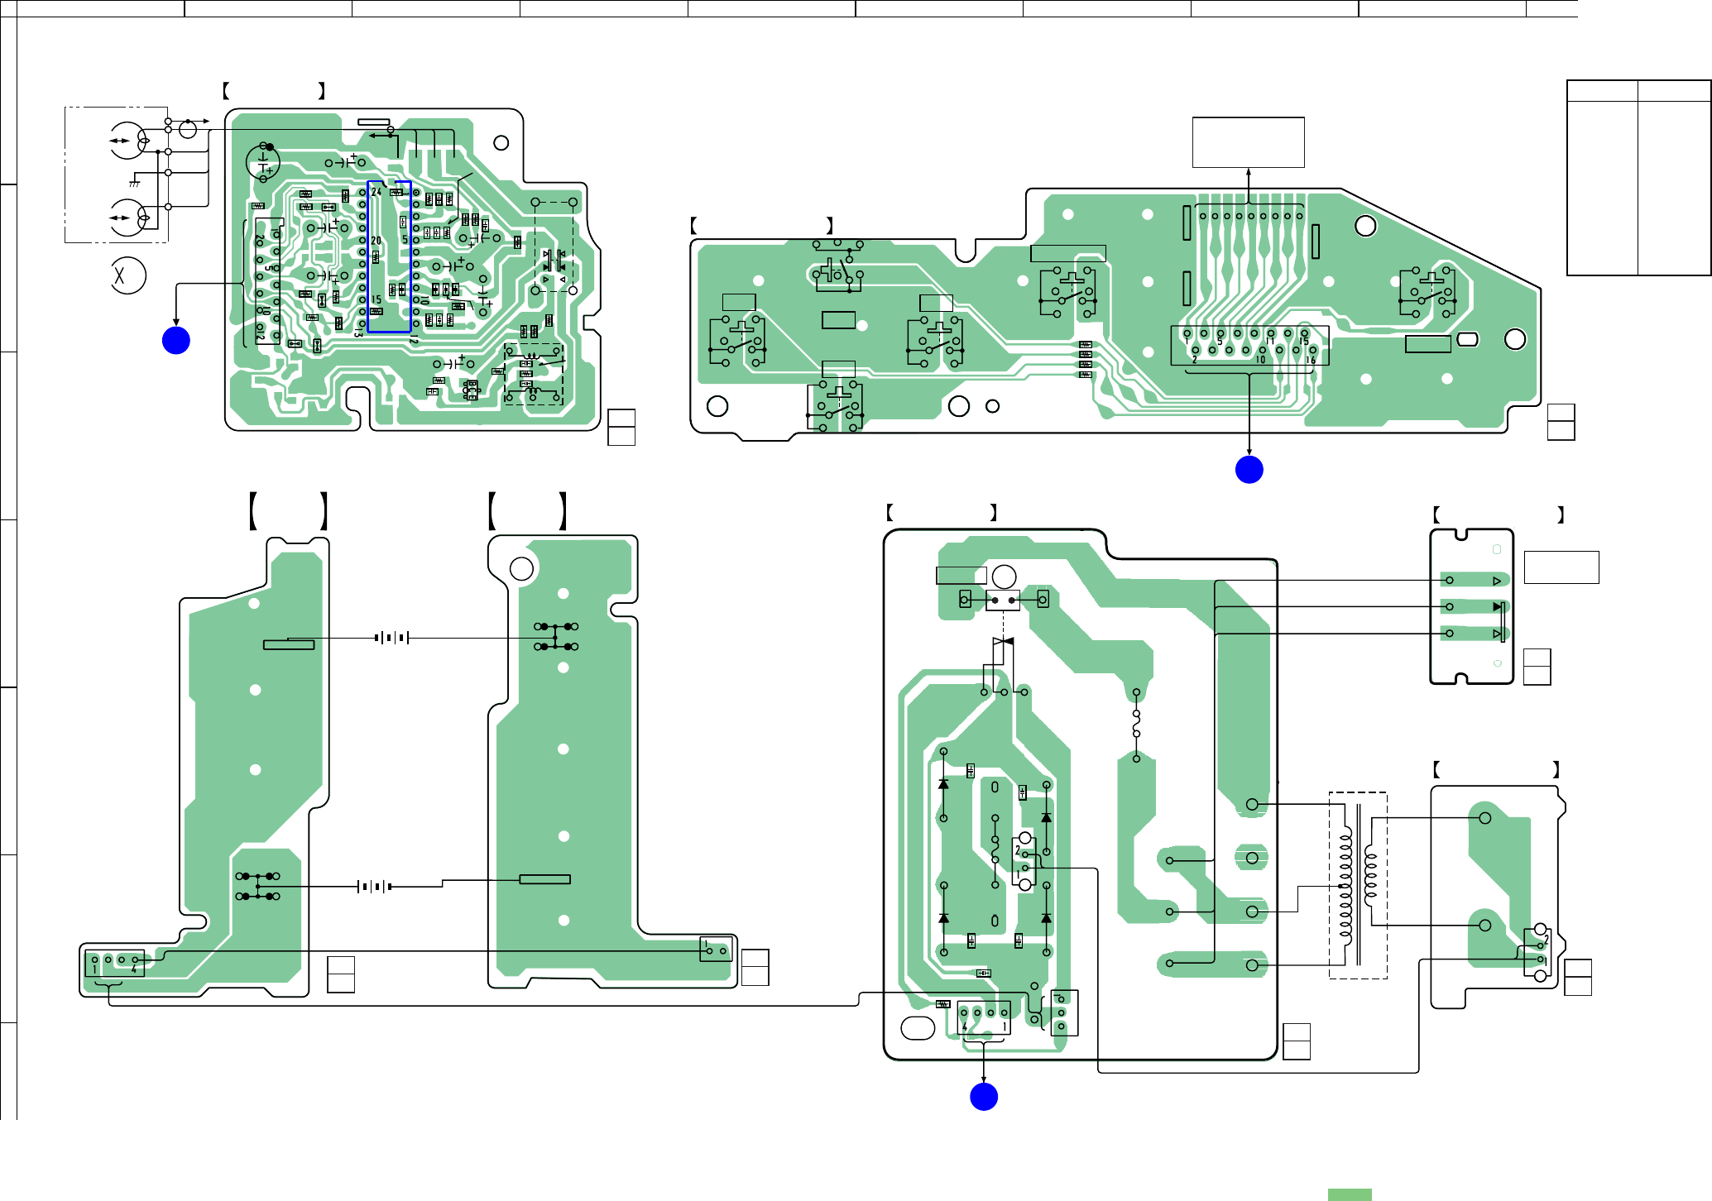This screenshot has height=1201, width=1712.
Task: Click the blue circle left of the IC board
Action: pyautogui.click(x=176, y=340)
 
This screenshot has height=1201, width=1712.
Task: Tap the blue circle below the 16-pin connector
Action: pyautogui.click(x=1249, y=469)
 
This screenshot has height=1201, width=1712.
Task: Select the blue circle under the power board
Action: pyautogui.click(x=984, y=1097)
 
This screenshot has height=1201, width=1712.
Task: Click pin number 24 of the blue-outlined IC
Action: pyautogui.click(x=376, y=192)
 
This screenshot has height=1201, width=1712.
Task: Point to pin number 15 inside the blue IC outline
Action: pyautogui.click(x=376, y=299)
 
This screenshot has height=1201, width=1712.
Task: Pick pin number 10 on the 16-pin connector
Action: pyautogui.click(x=1261, y=359)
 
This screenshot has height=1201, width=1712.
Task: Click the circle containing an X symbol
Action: pyautogui.click(x=128, y=275)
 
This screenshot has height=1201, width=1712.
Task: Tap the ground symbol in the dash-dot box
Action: pyautogui.click(x=134, y=183)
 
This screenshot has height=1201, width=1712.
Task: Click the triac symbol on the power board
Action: pyautogui.click(x=1003, y=642)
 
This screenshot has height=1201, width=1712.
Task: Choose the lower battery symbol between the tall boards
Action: pyautogui.click(x=374, y=886)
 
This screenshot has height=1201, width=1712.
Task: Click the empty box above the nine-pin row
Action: pyautogui.click(x=1248, y=142)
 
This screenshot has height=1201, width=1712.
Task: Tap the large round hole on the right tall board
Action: pyautogui.click(x=522, y=568)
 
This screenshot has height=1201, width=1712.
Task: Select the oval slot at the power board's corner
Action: pyautogui.click(x=917, y=1027)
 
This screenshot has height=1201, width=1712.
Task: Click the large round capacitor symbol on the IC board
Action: pyautogui.click(x=264, y=162)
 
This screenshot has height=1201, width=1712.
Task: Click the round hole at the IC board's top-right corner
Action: pyautogui.click(x=501, y=143)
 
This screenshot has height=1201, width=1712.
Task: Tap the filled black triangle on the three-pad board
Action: pyautogui.click(x=1497, y=607)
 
